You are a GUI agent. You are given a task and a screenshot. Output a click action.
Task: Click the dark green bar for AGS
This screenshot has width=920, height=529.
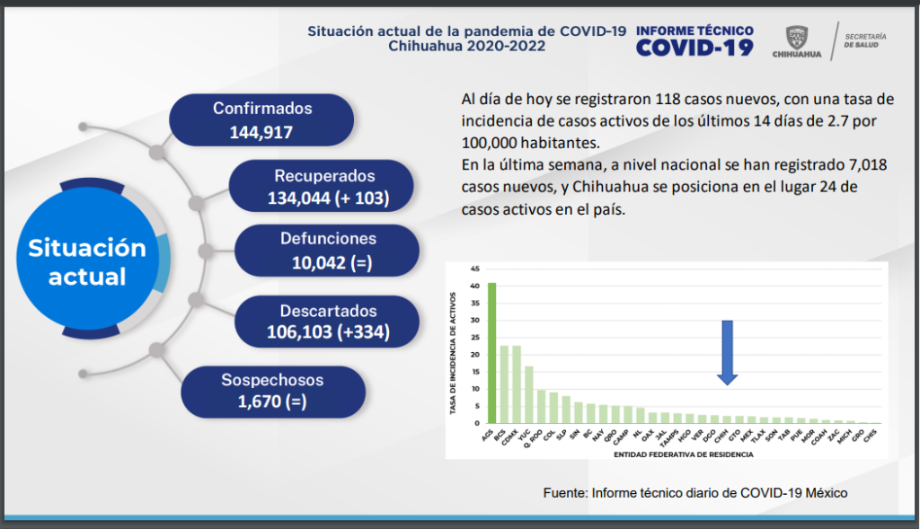[491, 353]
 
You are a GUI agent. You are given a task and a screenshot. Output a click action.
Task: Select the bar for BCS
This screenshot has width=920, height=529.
[504, 384]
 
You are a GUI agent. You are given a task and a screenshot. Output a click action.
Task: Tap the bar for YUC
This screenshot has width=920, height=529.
[529, 394]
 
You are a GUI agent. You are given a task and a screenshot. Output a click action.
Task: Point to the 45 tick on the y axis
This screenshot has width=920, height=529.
[474, 268]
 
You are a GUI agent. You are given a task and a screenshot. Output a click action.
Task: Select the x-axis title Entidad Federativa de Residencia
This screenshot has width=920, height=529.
[683, 454]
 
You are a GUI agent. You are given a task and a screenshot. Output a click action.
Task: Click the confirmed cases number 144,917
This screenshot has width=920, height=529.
[261, 134]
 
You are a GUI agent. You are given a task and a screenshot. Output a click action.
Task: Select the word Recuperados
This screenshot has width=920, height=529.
[324, 176]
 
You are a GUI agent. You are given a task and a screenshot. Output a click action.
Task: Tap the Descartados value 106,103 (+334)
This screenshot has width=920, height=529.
[328, 333]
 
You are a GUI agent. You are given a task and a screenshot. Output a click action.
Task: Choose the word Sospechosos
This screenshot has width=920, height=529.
[272, 379]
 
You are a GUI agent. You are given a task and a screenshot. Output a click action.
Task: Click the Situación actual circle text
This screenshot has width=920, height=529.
[87, 261]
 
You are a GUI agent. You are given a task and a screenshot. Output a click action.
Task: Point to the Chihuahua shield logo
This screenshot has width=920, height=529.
[796, 38]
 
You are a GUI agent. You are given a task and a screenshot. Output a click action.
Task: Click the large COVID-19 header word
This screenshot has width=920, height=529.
[694, 48]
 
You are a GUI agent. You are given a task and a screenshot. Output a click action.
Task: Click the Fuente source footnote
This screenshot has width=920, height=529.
[695, 493]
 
